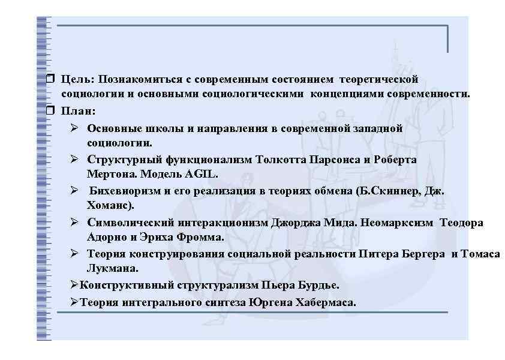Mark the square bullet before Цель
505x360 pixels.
(x=49, y=79)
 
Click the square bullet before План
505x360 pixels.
(x=49, y=111)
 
